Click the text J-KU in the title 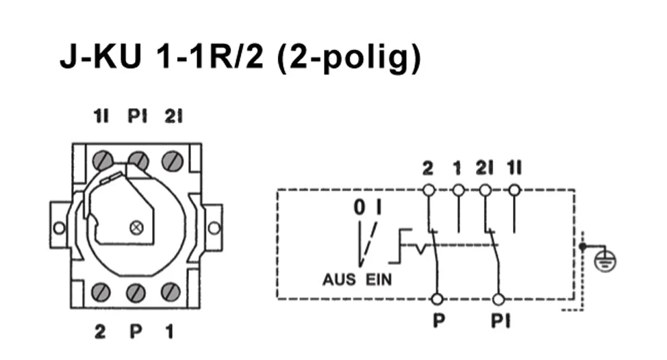point(102,59)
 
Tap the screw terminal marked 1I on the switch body point(103,162)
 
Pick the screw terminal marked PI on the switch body point(138,162)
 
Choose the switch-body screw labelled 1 point(171,292)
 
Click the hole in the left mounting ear point(60,227)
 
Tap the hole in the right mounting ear point(214,227)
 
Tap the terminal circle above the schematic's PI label point(499,299)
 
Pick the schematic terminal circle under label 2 point(429,189)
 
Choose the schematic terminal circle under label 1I point(514,189)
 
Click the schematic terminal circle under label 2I point(486,189)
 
